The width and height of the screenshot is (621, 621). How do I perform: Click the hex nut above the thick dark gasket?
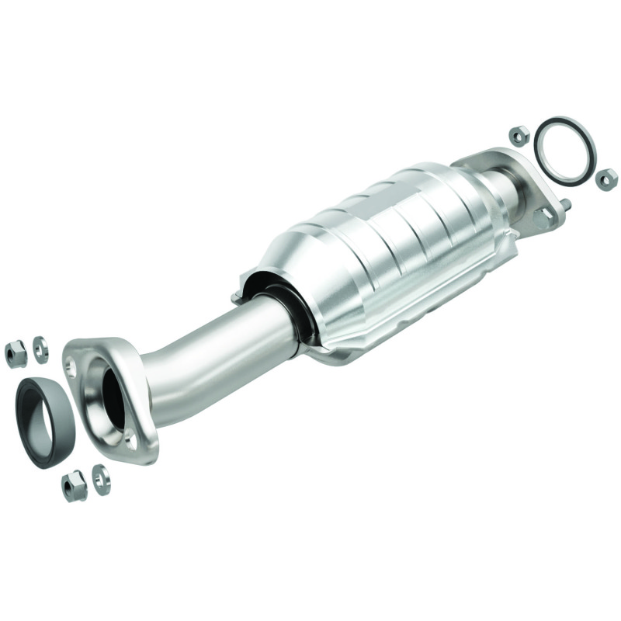pos(16,354)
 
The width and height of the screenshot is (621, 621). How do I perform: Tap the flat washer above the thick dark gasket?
pos(40,349)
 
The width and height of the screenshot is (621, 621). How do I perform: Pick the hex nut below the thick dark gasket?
pos(74,486)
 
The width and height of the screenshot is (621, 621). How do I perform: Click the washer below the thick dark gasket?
pos(101,479)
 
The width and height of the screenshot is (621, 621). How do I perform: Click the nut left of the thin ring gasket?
pos(519,135)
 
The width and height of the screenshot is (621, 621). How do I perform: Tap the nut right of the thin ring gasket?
pos(606,179)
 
